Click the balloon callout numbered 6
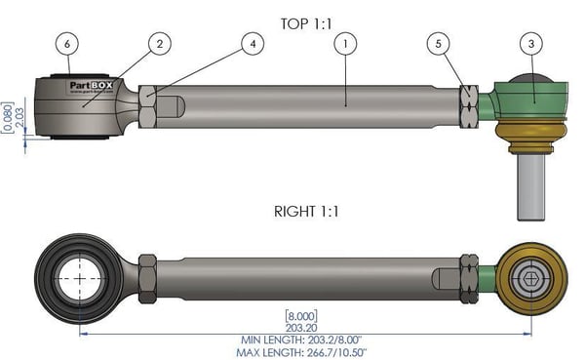click(x=67, y=43)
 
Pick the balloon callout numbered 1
click(x=344, y=43)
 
